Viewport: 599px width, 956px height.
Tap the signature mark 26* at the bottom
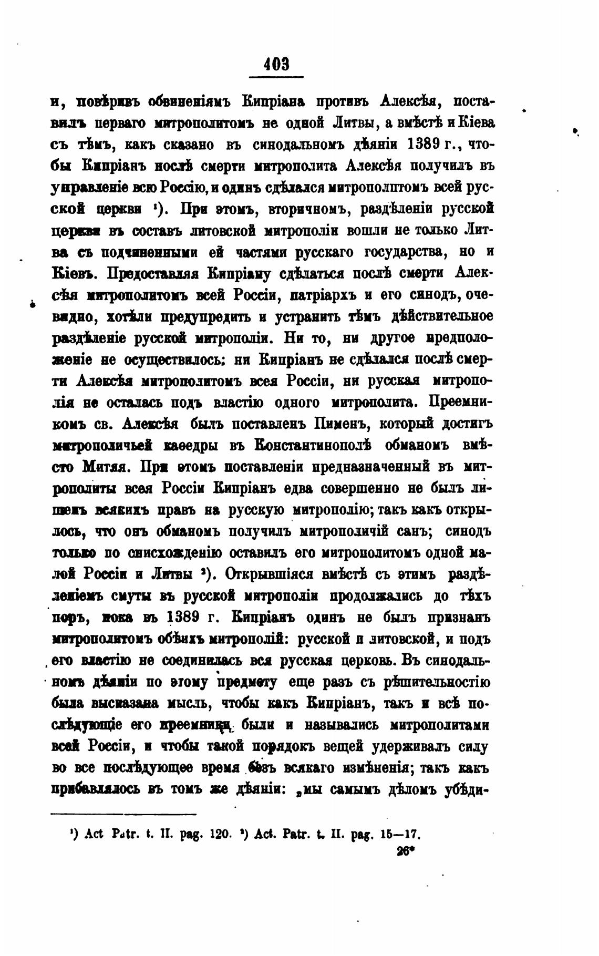point(406,852)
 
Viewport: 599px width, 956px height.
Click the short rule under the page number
point(276,78)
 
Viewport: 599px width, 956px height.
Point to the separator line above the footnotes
point(123,815)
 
